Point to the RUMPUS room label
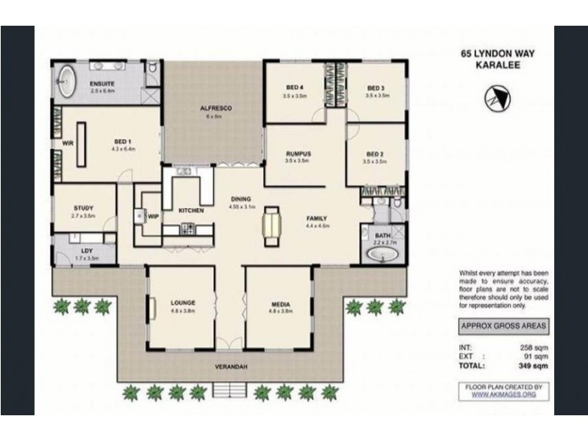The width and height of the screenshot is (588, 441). point(298,153)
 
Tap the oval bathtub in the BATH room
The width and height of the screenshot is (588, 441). point(382,254)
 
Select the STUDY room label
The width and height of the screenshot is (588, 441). point(83,209)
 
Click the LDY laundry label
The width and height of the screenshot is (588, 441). point(87,251)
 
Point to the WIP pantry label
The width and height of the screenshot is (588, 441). point(154,217)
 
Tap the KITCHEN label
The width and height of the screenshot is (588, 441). point(191,211)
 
